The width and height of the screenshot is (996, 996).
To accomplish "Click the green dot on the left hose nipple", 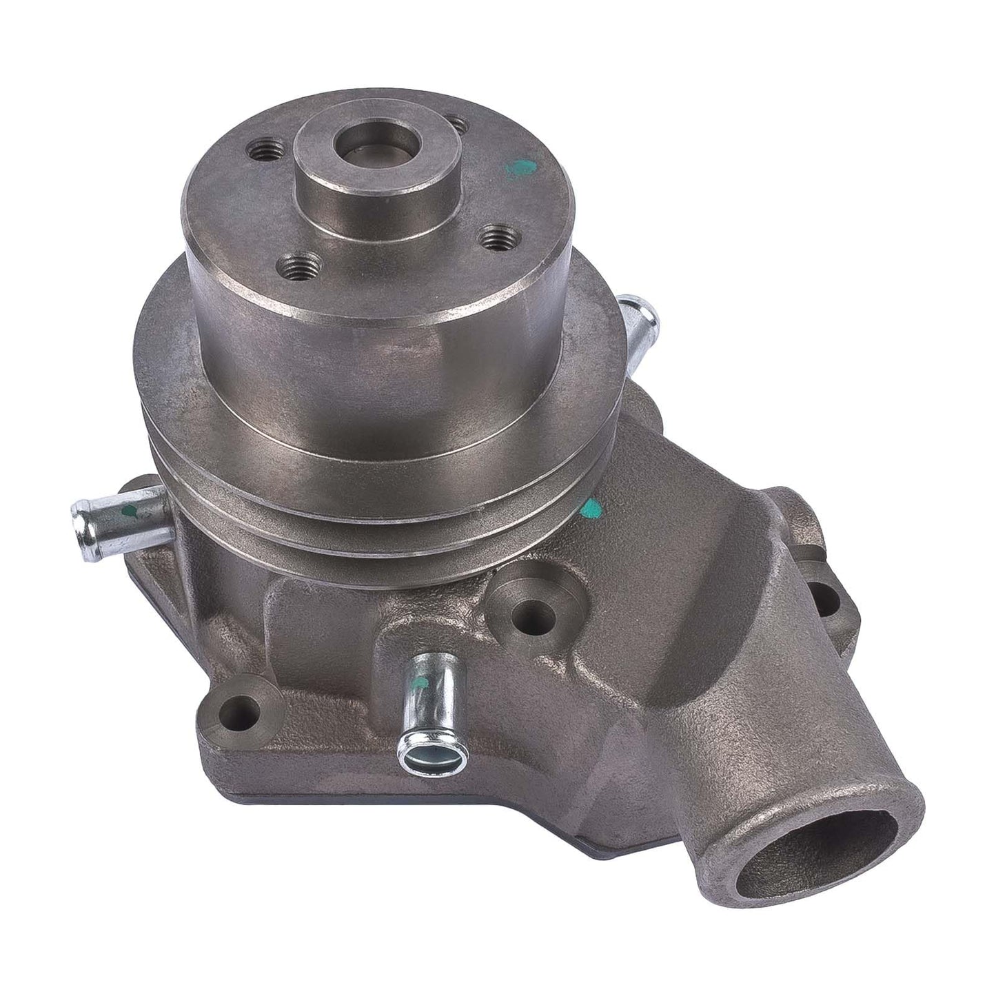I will coord(130,513).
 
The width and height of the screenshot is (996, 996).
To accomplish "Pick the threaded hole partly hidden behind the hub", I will coord(456,126).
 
